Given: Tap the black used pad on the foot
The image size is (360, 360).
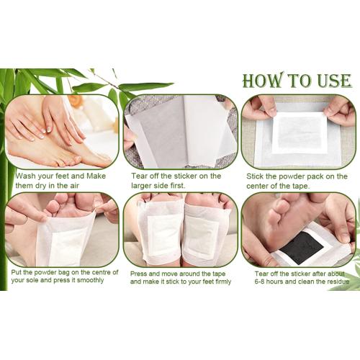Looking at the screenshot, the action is (x=302, y=247).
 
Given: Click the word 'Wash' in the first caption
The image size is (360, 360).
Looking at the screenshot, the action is (x=25, y=176).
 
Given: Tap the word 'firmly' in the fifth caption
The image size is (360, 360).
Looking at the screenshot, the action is (x=222, y=282).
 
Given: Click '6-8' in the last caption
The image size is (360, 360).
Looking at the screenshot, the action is (x=260, y=282).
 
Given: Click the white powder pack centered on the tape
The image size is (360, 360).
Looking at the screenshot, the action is (x=300, y=132).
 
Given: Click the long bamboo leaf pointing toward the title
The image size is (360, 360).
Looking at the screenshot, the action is (x=146, y=86).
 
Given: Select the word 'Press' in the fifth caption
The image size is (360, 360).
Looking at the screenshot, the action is (x=138, y=274).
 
